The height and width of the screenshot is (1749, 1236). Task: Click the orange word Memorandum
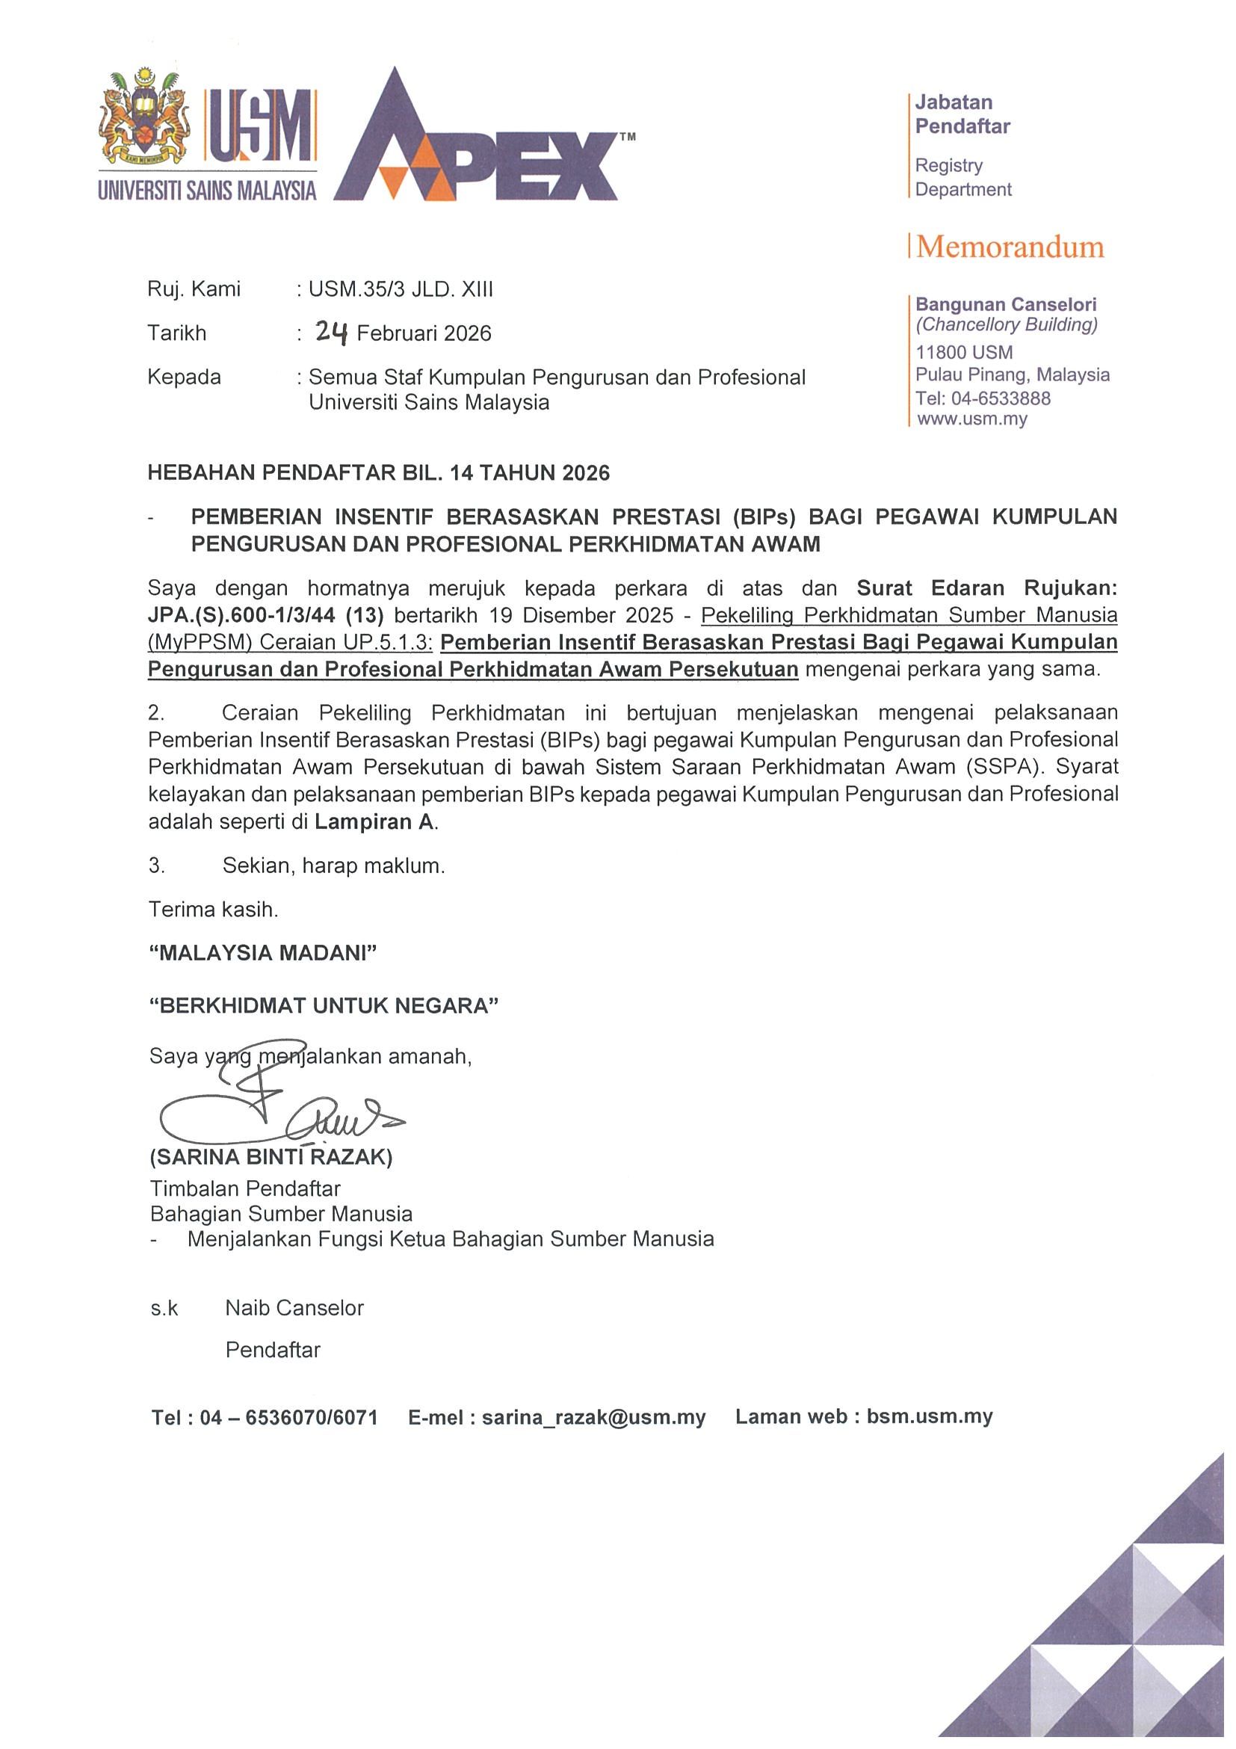click(x=1010, y=247)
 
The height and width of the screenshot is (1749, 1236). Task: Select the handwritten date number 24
click(x=332, y=331)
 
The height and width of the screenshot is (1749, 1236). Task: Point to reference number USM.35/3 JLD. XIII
click(x=401, y=289)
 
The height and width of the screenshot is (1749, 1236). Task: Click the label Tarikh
click(x=176, y=333)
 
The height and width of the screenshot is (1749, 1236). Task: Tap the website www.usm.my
click(x=971, y=419)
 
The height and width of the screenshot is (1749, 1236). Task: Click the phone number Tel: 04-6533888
click(x=983, y=398)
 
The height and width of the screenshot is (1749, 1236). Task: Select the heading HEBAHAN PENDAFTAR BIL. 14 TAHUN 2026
click(x=378, y=473)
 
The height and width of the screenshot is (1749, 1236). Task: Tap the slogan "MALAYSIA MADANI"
click(x=263, y=953)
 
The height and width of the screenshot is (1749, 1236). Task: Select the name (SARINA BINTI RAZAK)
click(x=271, y=1157)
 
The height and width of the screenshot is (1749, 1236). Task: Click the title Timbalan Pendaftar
click(x=245, y=1188)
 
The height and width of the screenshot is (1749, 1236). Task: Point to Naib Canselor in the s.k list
click(x=294, y=1308)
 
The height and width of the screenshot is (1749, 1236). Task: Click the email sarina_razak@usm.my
click(x=593, y=1417)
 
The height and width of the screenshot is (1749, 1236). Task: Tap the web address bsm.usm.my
click(x=929, y=1416)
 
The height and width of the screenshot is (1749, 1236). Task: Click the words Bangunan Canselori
click(x=1005, y=305)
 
